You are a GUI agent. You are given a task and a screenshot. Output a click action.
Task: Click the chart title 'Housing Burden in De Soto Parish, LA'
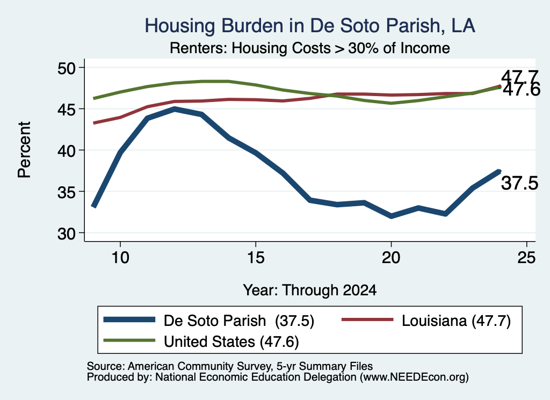point(310,26)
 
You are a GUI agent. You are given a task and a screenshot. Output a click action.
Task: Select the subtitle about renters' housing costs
point(310,48)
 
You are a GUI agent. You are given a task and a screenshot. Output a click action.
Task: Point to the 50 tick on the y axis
point(67,68)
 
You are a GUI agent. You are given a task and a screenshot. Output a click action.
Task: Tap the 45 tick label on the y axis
point(67,110)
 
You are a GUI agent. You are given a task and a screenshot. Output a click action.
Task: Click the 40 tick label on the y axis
point(67,151)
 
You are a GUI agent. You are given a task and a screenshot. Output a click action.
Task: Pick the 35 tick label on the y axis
point(67,192)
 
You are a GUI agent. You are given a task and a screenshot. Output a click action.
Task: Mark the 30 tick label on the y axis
point(67,234)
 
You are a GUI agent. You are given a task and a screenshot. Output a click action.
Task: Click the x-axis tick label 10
point(120,258)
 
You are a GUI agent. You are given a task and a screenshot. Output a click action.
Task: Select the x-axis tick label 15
point(256,258)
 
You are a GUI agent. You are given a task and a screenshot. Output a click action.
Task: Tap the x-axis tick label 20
point(391,258)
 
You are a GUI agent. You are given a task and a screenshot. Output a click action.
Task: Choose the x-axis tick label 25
point(526,258)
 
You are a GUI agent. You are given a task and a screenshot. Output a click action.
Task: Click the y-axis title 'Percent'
point(25,150)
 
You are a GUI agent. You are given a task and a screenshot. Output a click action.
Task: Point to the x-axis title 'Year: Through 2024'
point(310,290)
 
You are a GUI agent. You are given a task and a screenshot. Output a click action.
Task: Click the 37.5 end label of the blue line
point(519,183)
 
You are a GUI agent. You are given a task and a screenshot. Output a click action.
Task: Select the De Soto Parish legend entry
point(209,321)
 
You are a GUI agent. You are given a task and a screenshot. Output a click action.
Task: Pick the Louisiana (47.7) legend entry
point(426,321)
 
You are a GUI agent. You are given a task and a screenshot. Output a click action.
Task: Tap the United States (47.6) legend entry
point(201,341)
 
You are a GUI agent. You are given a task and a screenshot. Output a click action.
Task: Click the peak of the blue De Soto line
point(175,109)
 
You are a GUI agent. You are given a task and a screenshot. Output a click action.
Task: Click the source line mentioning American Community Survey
point(230,366)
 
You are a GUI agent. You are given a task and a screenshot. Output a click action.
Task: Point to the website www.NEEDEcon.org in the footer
point(414,377)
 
